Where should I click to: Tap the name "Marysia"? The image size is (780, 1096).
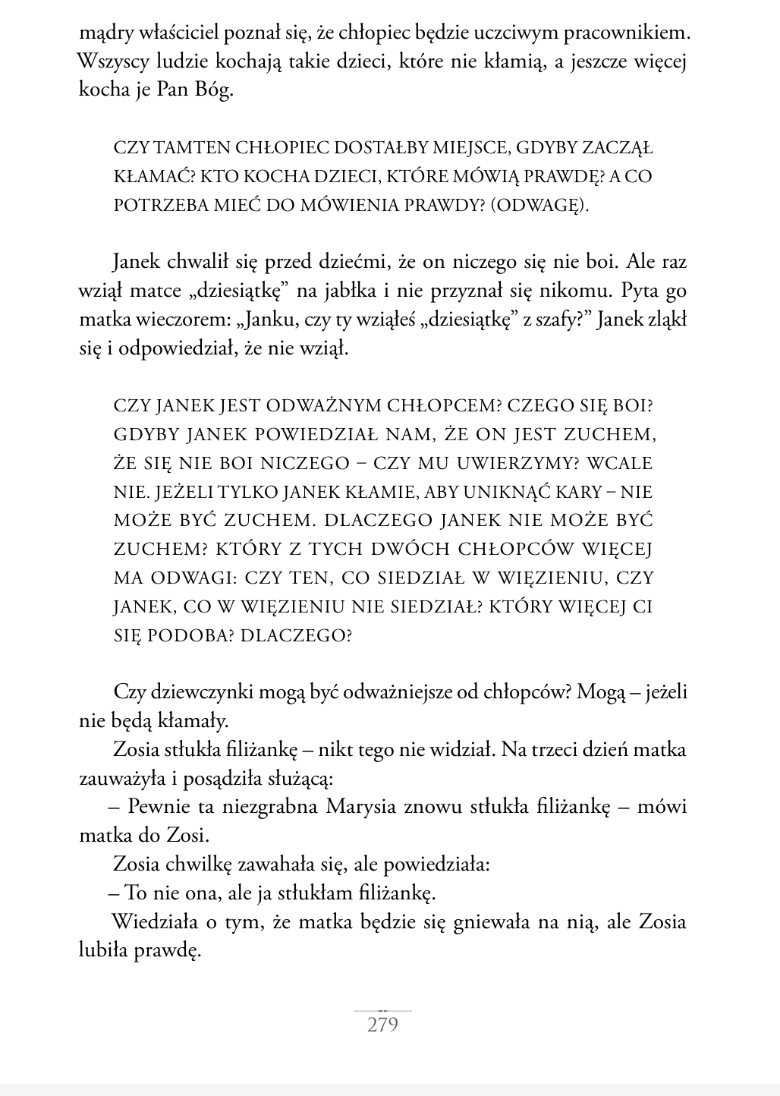(x=361, y=806)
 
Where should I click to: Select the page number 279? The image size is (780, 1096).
(x=382, y=1025)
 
